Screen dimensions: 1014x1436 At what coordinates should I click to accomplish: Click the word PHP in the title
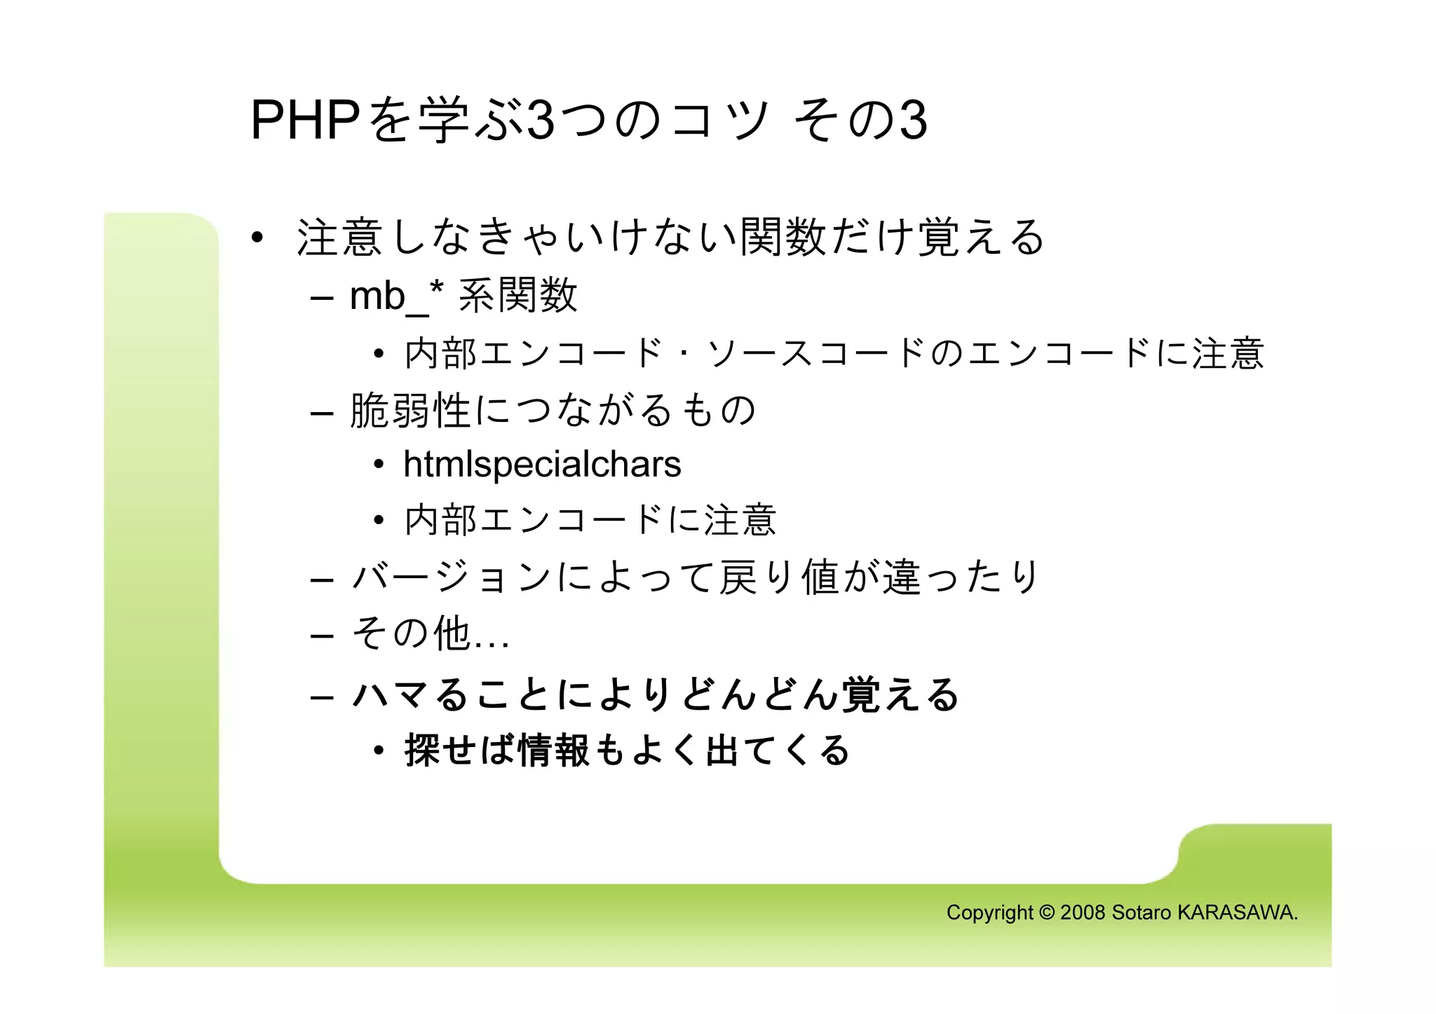pos(305,121)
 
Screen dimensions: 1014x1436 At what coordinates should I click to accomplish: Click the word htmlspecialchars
pos(542,465)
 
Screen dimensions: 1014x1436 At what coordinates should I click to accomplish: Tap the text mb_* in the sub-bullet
pos(397,296)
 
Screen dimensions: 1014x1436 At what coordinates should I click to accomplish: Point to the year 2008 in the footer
pos(1083,912)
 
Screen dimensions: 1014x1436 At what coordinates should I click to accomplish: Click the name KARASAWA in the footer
pos(1238,912)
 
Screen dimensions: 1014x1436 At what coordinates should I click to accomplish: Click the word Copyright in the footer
pos(989,912)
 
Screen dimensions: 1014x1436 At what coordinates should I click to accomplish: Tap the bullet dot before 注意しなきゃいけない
pos(257,238)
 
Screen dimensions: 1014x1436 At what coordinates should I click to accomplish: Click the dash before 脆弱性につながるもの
pos(321,413)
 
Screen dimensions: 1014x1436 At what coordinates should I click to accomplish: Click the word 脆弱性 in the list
pos(411,410)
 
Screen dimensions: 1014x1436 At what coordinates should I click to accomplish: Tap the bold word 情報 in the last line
pos(554,750)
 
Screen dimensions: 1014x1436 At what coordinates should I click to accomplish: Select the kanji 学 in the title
pos(444,121)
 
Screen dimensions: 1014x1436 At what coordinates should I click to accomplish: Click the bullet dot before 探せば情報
pos(379,751)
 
